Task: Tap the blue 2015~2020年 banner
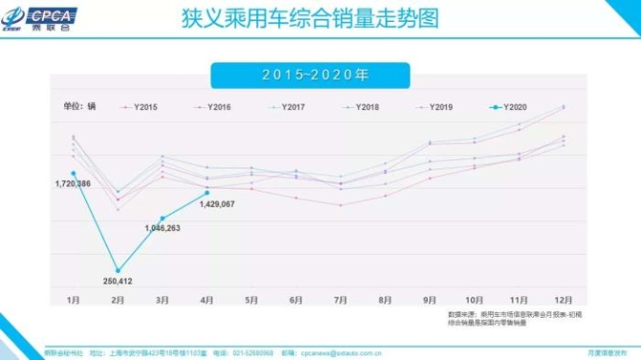tap(310, 75)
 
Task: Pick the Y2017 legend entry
tap(289, 106)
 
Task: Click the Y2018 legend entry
tap(363, 106)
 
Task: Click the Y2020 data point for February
tap(118, 270)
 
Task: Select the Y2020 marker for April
tap(207, 192)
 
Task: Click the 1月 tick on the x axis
tap(73, 300)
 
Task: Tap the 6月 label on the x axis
tap(296, 300)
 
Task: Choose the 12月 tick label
tap(563, 300)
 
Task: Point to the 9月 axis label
tap(430, 300)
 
